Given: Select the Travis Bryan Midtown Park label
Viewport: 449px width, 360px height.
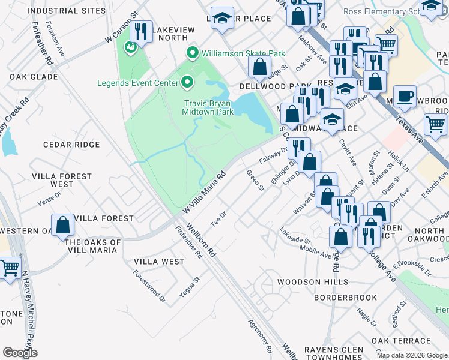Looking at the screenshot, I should pos(208,107).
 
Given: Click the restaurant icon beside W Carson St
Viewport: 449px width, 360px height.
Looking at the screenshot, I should pos(141,32).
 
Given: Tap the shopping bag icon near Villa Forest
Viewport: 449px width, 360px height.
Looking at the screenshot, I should pos(62,226).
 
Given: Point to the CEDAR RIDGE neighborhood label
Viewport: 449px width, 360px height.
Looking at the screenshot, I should pos(71,145).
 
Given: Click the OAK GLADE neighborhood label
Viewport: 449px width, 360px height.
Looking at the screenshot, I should pos(34,77).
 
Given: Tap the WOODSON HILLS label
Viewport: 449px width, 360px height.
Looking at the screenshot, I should pos(312,282).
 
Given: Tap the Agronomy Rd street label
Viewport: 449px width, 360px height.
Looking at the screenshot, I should pos(261,335).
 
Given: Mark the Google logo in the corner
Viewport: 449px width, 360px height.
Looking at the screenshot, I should pos(20,353).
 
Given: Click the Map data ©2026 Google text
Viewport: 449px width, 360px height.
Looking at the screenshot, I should pos(411,355).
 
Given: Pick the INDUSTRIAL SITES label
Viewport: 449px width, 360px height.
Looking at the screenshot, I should pos(58,11).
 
